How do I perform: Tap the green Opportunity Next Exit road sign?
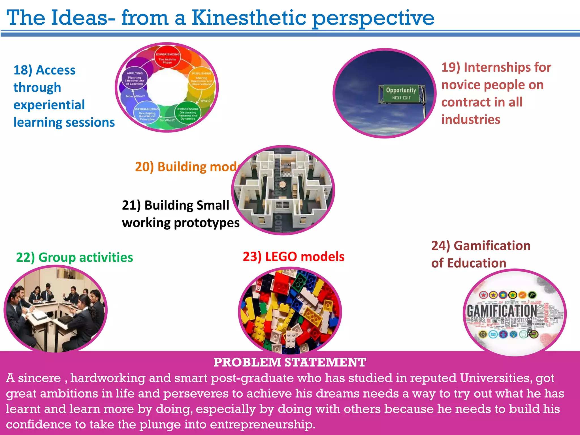[x=401, y=93]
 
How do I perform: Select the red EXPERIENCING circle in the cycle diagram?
[x=167, y=58]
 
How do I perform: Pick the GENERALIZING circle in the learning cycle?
[x=147, y=114]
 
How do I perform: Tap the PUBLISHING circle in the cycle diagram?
[x=201, y=79]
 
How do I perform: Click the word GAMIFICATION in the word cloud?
[x=501, y=311]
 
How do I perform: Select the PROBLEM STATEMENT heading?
[x=290, y=362]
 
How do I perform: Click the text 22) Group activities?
[x=74, y=257]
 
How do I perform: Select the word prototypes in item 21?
[x=206, y=223]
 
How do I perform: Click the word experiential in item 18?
[x=49, y=105]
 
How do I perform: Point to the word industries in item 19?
[x=471, y=120]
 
